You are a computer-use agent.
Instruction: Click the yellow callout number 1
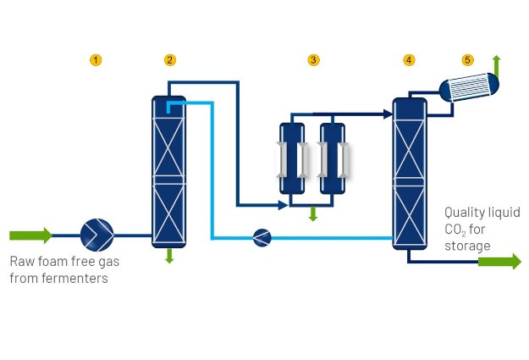click(96, 60)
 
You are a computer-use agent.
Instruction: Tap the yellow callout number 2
click(170, 60)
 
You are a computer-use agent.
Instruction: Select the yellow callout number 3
click(313, 60)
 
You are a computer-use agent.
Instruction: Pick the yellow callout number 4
click(410, 60)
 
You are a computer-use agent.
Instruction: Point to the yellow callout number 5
click(468, 60)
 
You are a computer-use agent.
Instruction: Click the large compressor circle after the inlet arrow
click(96, 235)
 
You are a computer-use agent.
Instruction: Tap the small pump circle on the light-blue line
click(262, 238)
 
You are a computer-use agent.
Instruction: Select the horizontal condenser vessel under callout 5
click(469, 88)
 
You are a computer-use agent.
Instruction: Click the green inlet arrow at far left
click(30, 235)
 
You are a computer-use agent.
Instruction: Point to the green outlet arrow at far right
click(499, 261)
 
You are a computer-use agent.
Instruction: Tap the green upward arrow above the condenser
click(497, 64)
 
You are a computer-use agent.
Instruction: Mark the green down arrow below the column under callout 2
click(169, 255)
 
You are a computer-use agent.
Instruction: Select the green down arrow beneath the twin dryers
click(312, 213)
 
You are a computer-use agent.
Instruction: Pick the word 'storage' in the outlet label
click(467, 246)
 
